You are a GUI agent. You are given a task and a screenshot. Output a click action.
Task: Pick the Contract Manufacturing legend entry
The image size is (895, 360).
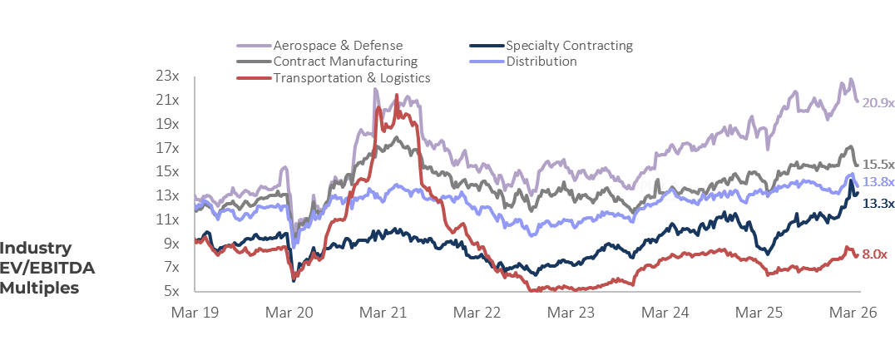point(345,62)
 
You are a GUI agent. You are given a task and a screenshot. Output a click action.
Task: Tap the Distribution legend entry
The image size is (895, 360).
point(541,62)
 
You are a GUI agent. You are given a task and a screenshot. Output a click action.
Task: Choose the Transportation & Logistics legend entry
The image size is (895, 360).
point(351,78)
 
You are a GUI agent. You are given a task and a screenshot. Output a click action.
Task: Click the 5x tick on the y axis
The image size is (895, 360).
point(171,291)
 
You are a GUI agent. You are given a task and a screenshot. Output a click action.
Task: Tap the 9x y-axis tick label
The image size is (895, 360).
point(171,244)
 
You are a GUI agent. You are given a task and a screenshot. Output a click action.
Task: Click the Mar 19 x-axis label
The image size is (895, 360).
point(195,313)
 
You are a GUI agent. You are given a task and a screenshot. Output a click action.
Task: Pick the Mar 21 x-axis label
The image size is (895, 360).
point(383,313)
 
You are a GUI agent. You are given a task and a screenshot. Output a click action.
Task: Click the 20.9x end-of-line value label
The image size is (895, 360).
point(878,103)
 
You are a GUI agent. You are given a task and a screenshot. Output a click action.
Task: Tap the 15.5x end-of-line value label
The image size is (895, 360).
point(878,165)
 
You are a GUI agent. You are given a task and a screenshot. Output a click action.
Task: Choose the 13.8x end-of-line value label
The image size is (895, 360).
point(878,182)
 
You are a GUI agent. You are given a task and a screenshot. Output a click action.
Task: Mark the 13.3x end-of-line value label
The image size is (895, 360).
point(878,203)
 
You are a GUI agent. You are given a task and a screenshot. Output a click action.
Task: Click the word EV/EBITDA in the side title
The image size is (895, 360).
point(47,268)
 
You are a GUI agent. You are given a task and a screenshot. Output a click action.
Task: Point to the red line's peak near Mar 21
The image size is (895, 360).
point(396,96)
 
